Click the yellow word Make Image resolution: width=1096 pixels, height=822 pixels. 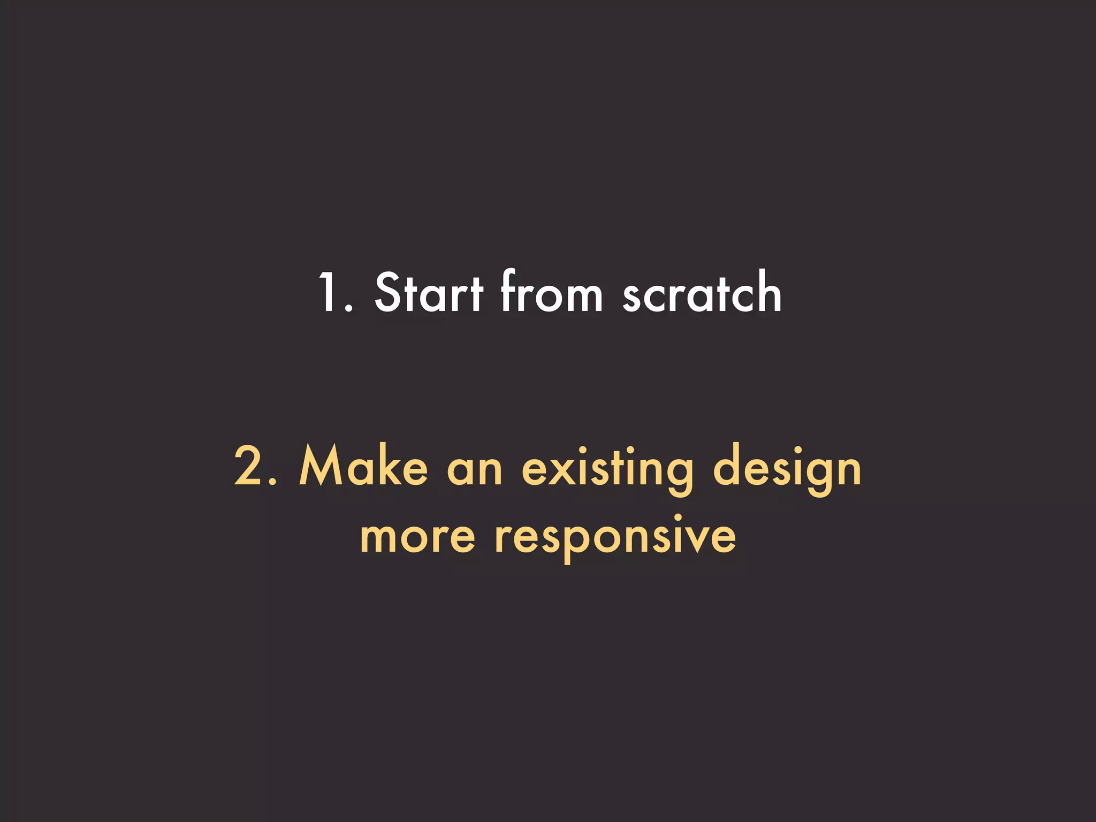pyautogui.click(x=363, y=467)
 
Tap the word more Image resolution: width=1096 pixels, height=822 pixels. pyautogui.click(x=417, y=537)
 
